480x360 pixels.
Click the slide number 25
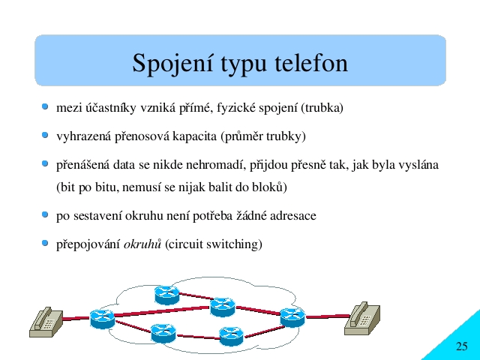462,346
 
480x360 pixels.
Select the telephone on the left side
46,322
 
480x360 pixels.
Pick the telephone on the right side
362,318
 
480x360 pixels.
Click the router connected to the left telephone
102,319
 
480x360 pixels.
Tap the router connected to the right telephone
292,317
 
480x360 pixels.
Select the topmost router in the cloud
166,295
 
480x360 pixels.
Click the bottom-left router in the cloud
163,333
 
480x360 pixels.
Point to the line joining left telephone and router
76,318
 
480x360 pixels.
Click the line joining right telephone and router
328,316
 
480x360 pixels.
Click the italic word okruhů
142,244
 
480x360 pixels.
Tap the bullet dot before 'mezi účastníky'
45,106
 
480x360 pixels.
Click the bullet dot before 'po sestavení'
45,214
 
